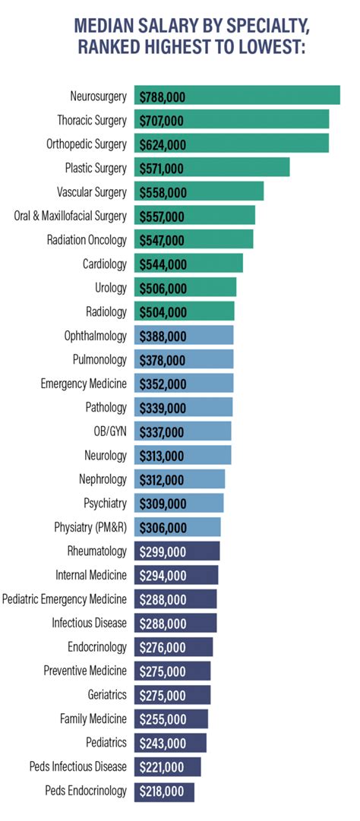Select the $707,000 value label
click(x=162, y=120)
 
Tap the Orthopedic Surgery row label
click(x=86, y=144)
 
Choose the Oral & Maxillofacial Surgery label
click(x=70, y=216)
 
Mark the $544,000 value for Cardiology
click(x=162, y=264)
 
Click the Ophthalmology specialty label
click(x=96, y=336)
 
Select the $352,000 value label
click(x=162, y=384)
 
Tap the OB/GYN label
click(x=110, y=432)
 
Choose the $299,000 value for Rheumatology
click(x=162, y=552)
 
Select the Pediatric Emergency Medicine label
click(x=65, y=600)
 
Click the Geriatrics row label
click(x=107, y=696)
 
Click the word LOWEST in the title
click(x=274, y=48)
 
